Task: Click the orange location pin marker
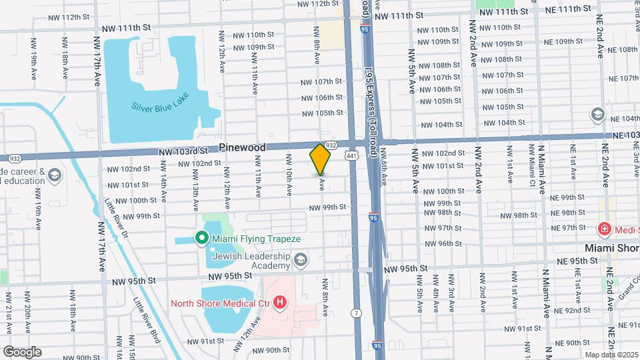(320, 159)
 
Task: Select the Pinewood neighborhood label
(242, 147)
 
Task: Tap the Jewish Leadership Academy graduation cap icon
(301, 259)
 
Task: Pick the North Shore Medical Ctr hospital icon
(281, 303)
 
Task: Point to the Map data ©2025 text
(610, 354)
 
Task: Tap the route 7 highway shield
(358, 313)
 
